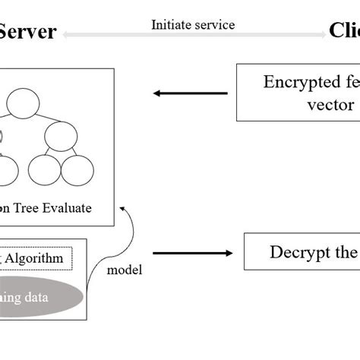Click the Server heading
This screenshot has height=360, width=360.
coord(28,31)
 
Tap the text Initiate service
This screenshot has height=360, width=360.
coord(193,24)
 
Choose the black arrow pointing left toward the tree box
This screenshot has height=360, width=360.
coord(190,93)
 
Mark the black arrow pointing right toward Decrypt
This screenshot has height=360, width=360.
coord(193,254)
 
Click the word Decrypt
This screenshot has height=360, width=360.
coord(297,253)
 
